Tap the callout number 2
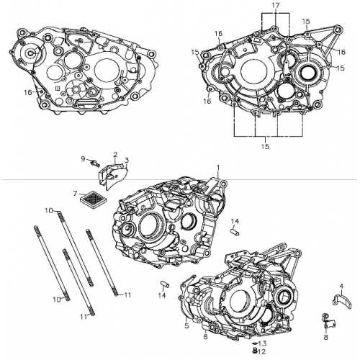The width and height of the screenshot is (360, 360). pos(114,154)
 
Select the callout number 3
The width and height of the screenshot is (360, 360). pos(126,160)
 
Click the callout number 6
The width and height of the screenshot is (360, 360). pos(205,336)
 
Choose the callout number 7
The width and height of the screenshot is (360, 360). pos(74,193)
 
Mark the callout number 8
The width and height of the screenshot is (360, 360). pos(325,336)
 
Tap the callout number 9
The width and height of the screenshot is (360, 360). pos(83,158)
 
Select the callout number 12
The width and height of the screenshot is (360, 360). pos(262,351)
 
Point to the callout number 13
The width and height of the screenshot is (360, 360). pos(263,343)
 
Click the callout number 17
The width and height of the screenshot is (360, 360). pos(274,5)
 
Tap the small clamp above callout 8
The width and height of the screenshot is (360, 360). pos(326,319)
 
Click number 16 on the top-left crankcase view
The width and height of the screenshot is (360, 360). pos(27,91)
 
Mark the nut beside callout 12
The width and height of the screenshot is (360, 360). pos(254,351)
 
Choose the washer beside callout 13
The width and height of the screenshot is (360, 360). pos(254,344)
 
